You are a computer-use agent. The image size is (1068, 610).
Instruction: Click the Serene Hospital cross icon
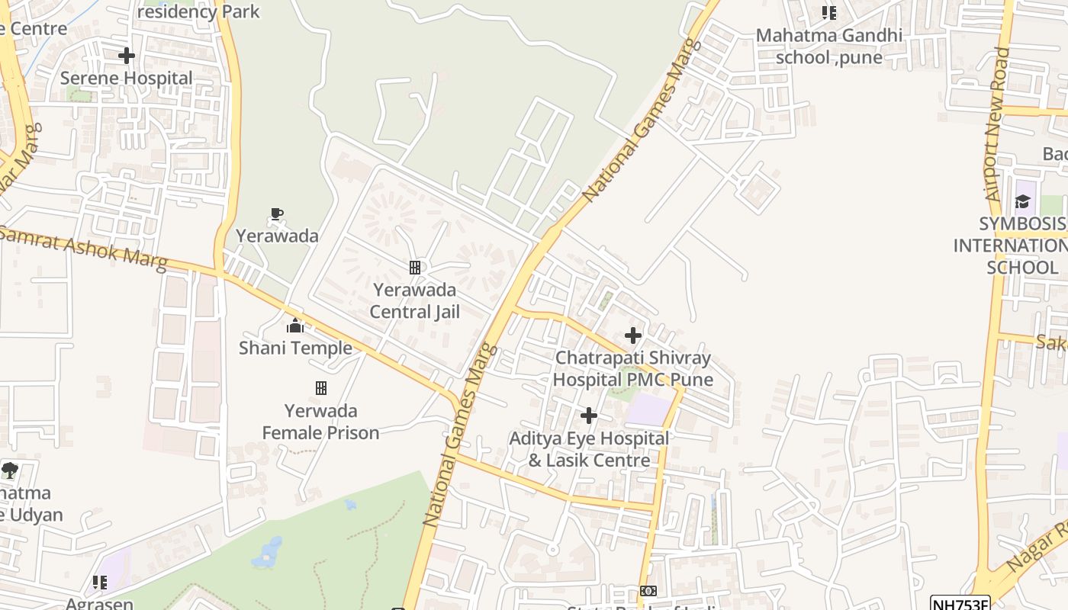[x=127, y=56]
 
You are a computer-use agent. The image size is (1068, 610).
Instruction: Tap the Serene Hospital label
[x=127, y=78]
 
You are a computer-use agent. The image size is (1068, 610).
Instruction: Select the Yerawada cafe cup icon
[x=277, y=214]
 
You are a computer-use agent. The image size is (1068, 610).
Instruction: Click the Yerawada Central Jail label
[x=415, y=300]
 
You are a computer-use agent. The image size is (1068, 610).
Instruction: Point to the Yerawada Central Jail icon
[x=415, y=268]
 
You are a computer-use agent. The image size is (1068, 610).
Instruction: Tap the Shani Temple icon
[x=295, y=326]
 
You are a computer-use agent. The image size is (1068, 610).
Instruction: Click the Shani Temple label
[x=295, y=348]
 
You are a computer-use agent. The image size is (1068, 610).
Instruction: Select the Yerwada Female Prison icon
[x=321, y=388]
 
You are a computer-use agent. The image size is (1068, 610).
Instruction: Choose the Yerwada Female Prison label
[x=321, y=422]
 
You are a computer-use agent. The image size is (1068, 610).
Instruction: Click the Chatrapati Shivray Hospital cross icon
[x=633, y=335]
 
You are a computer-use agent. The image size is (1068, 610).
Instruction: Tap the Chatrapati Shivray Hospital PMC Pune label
[x=633, y=368]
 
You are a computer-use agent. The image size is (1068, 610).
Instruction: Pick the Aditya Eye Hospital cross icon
[x=589, y=416]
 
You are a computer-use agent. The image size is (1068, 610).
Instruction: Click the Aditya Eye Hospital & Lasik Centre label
[x=589, y=449]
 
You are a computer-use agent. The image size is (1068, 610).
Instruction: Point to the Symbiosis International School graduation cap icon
[x=1022, y=201]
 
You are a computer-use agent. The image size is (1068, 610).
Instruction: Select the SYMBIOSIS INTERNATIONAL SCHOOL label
[x=1012, y=246]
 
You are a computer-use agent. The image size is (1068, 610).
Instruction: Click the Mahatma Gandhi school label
[x=829, y=46]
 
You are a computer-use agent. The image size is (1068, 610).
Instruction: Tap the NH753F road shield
[x=960, y=603]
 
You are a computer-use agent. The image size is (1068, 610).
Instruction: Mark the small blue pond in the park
[x=266, y=554]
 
